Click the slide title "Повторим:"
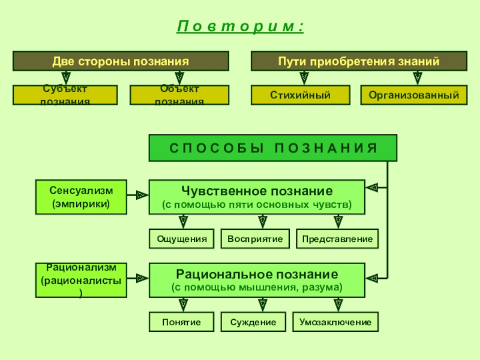click(240, 28)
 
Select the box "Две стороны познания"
click(121, 61)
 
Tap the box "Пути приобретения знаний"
click(359, 61)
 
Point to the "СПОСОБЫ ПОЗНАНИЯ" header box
click(272, 148)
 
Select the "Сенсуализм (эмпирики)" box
click(82, 197)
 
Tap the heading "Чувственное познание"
click(256, 191)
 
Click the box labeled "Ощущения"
click(182, 239)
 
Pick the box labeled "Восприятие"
click(255, 239)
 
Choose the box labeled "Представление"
click(337, 239)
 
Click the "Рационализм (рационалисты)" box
click(82, 280)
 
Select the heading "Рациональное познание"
click(256, 274)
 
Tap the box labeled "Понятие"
click(182, 322)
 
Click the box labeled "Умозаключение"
click(335, 322)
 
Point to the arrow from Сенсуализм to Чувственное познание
click(138, 195)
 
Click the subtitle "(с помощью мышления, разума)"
click(256, 288)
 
